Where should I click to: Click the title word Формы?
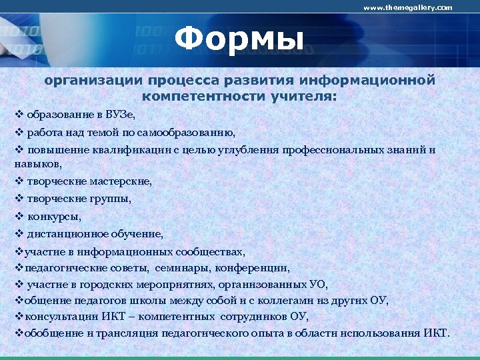coord(239,39)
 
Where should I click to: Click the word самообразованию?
coord(188,132)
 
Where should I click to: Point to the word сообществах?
coord(210,252)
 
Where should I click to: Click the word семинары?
coord(182,268)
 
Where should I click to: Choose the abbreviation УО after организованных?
coord(318,284)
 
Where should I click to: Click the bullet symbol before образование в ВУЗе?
coord(19,115)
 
